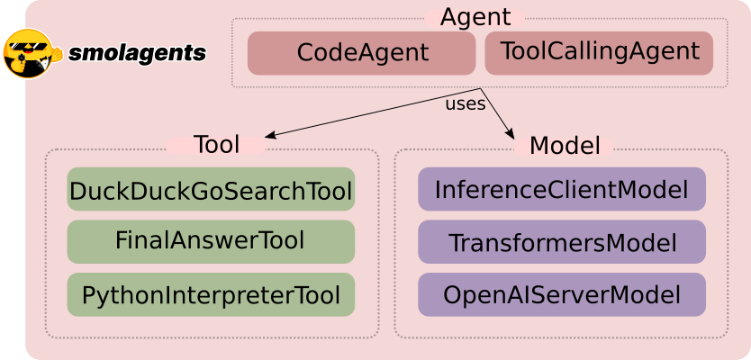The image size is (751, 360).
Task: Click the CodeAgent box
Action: [x=361, y=53]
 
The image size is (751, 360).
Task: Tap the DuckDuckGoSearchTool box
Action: [x=211, y=190]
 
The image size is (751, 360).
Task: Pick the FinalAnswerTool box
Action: [x=211, y=241]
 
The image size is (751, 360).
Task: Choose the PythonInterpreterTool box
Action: [x=211, y=294]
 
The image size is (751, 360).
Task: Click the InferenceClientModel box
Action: [x=561, y=190]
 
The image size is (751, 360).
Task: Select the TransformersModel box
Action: [x=561, y=242]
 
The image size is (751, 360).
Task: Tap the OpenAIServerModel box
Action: [x=561, y=294]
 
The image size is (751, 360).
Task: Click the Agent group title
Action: [x=475, y=17]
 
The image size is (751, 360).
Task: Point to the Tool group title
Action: [x=216, y=145]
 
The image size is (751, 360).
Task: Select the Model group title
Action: [x=565, y=145]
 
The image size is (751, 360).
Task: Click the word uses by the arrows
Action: [x=466, y=103]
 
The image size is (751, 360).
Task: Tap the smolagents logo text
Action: [x=137, y=53]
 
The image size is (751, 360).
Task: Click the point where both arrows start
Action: [x=481, y=88]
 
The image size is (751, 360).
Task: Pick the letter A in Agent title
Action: [x=449, y=17]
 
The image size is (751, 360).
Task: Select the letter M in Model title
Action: [x=539, y=145]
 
